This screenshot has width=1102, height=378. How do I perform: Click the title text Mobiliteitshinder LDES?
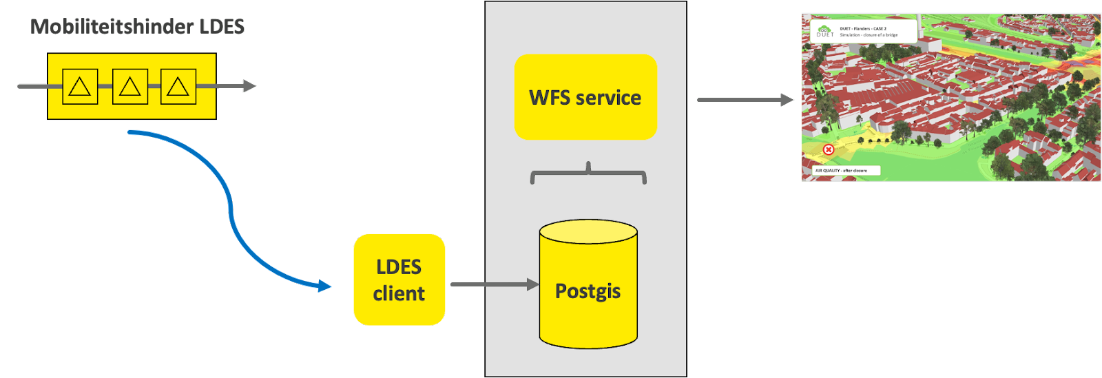coord(138,27)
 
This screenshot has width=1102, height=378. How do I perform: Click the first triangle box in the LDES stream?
coord(80,86)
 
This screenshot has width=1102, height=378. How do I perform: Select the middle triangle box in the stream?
coord(129,86)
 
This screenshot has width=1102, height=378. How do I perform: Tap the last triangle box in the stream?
coord(178,86)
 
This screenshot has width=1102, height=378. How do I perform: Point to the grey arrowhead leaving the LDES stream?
coord(249,86)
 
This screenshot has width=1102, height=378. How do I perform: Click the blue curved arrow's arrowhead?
coord(324,286)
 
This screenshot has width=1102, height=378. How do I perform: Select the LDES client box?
coord(399,280)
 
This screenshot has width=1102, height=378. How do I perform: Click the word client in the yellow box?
coord(399,294)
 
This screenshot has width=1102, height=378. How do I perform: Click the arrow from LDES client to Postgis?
coord(493,284)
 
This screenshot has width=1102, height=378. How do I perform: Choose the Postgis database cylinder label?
coord(588,291)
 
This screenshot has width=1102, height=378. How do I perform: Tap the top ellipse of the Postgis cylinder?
coord(588,231)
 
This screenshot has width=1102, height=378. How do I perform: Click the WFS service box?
coord(585,97)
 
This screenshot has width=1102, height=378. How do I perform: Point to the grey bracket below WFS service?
coord(588,175)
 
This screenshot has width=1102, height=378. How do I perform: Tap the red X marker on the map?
coord(829,149)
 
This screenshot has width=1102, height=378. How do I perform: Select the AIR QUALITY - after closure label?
coord(841,171)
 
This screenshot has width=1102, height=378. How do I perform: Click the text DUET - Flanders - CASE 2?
coord(863,29)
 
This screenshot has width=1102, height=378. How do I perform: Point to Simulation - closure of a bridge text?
coord(869,35)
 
